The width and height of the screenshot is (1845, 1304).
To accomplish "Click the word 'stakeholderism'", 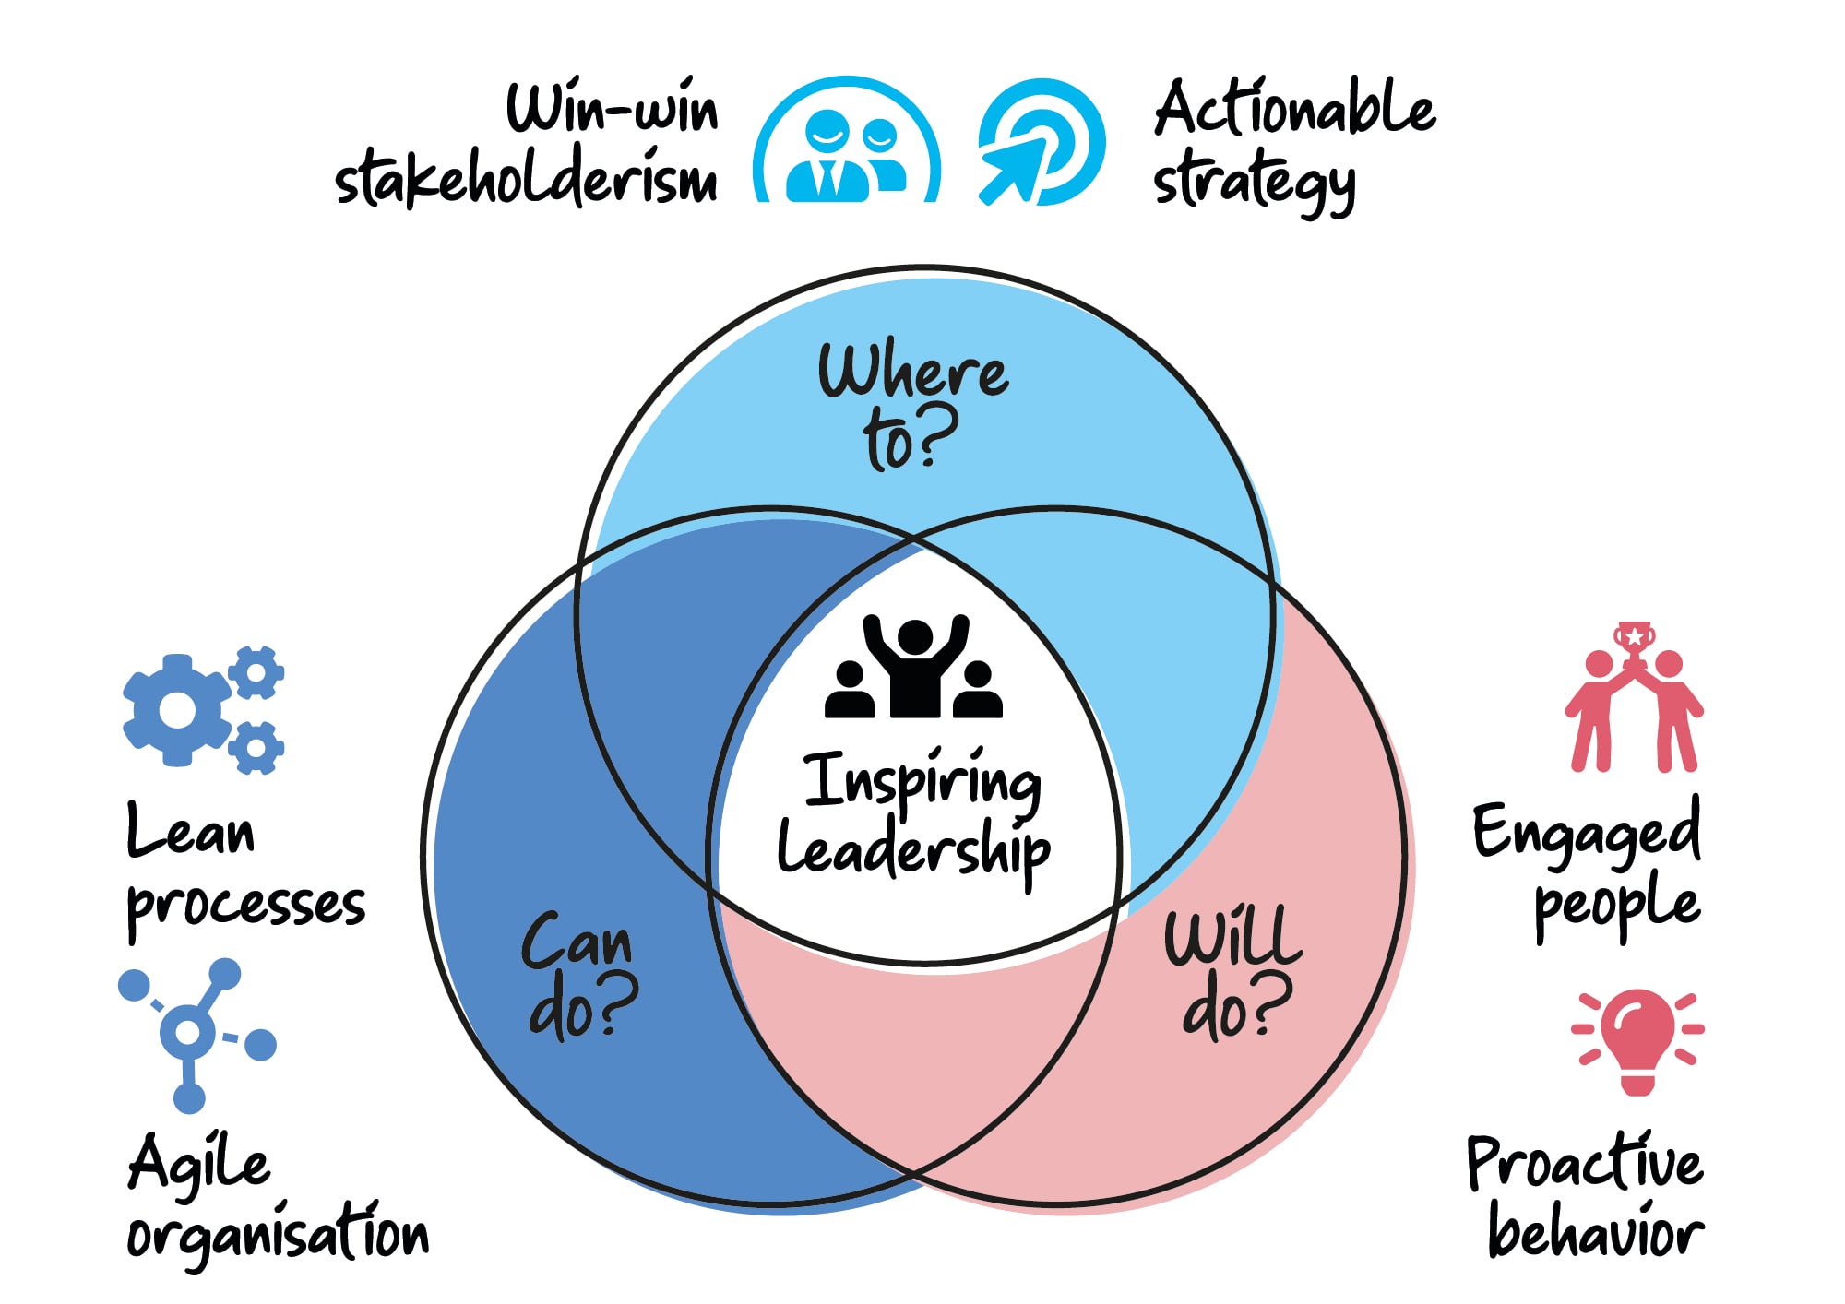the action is (x=526, y=176).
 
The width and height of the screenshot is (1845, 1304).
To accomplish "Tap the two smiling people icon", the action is (x=846, y=140).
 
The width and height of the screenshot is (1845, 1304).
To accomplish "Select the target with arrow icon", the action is (x=1041, y=142).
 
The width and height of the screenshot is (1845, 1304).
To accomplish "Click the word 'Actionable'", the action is (x=1294, y=108).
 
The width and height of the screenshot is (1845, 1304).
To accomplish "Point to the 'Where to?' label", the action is (x=913, y=406).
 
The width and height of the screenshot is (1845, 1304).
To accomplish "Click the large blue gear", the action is (x=177, y=710).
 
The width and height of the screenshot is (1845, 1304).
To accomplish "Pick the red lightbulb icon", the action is (x=1638, y=1042).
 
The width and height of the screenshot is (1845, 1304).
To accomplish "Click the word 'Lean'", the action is (x=190, y=829).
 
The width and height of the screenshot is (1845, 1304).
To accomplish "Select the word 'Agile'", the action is (x=199, y=1164).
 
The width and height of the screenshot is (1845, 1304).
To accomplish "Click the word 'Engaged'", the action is (x=1587, y=833).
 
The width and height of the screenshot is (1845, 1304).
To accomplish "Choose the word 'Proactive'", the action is (x=1585, y=1162).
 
